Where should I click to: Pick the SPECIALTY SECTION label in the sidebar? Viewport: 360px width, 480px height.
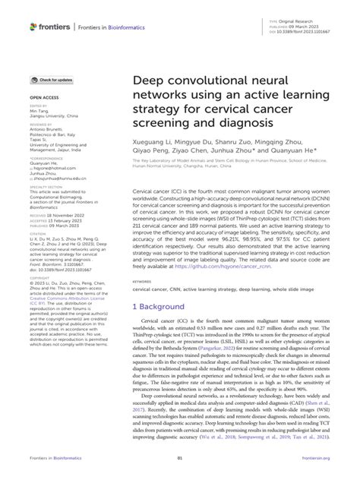pyautogui.click(x=47, y=186)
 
